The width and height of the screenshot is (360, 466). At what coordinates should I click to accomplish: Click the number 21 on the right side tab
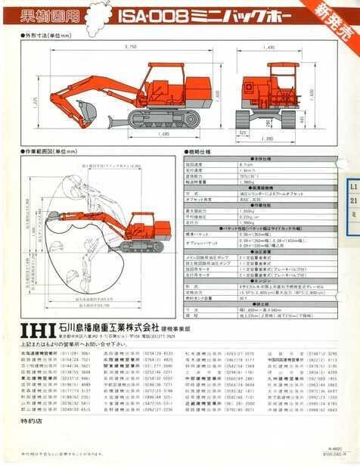pyautogui.click(x=352, y=200)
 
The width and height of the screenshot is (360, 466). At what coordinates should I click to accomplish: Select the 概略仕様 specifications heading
pyautogui.click(x=200, y=154)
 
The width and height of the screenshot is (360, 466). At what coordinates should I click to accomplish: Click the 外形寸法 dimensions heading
pyautogui.click(x=42, y=36)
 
